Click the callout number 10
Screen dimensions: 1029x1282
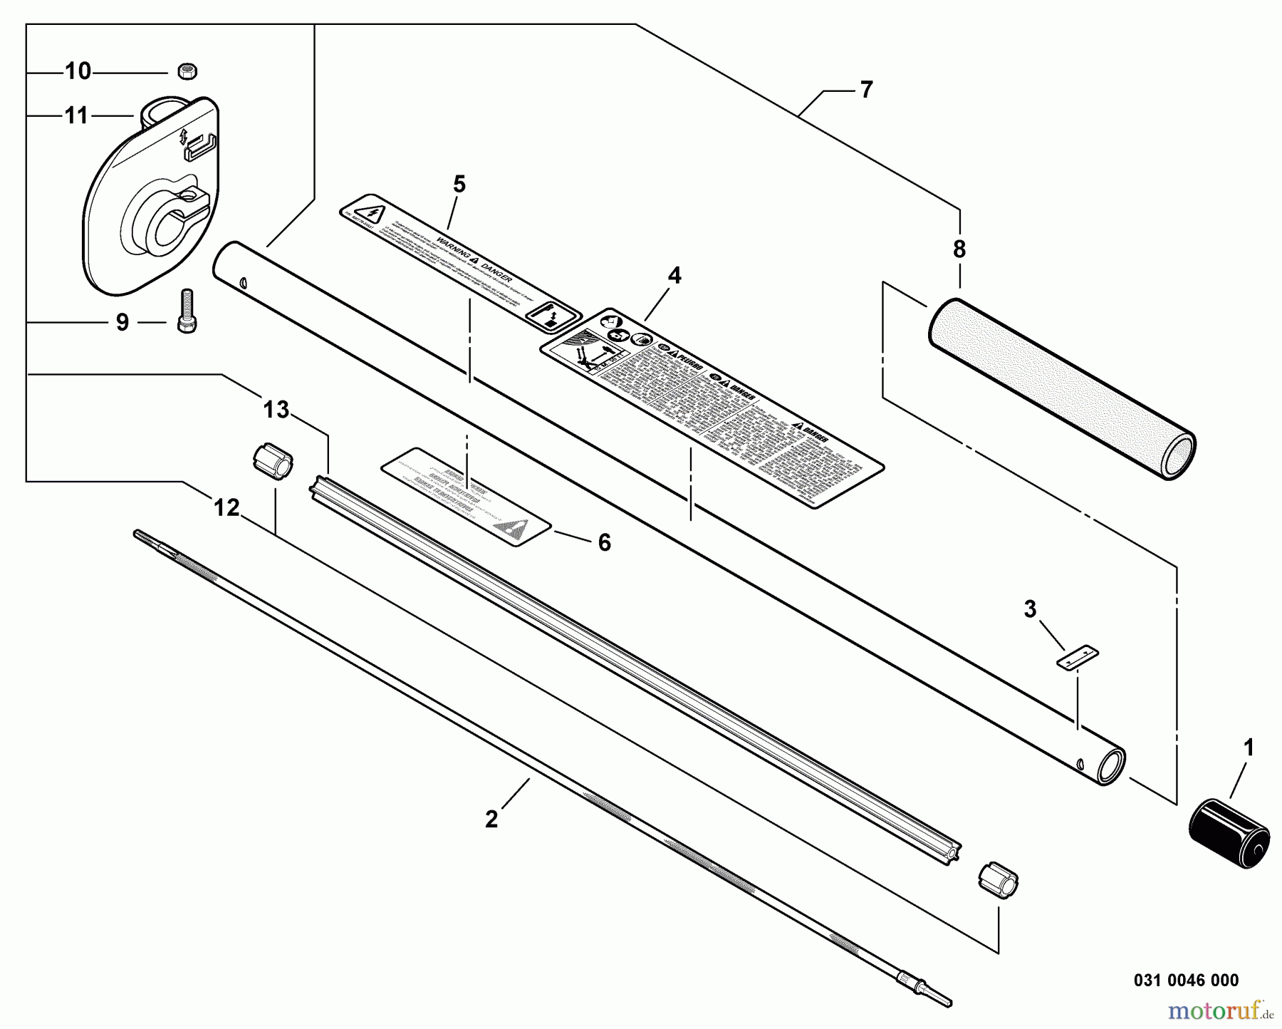coord(78,71)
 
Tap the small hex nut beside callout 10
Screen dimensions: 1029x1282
coord(187,71)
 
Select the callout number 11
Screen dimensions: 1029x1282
coord(76,115)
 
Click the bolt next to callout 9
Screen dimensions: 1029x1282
coord(187,311)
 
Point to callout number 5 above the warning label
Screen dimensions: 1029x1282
coord(459,185)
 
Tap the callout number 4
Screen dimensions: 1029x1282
coord(674,276)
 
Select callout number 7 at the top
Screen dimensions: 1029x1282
coord(866,91)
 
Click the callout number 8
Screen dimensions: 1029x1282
coord(959,249)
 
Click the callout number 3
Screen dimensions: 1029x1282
coord(1030,610)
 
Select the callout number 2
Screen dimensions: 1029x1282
coord(491,819)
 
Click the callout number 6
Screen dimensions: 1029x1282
coord(604,543)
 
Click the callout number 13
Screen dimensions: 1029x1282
coord(276,410)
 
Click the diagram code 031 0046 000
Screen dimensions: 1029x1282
coord(1186,981)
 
